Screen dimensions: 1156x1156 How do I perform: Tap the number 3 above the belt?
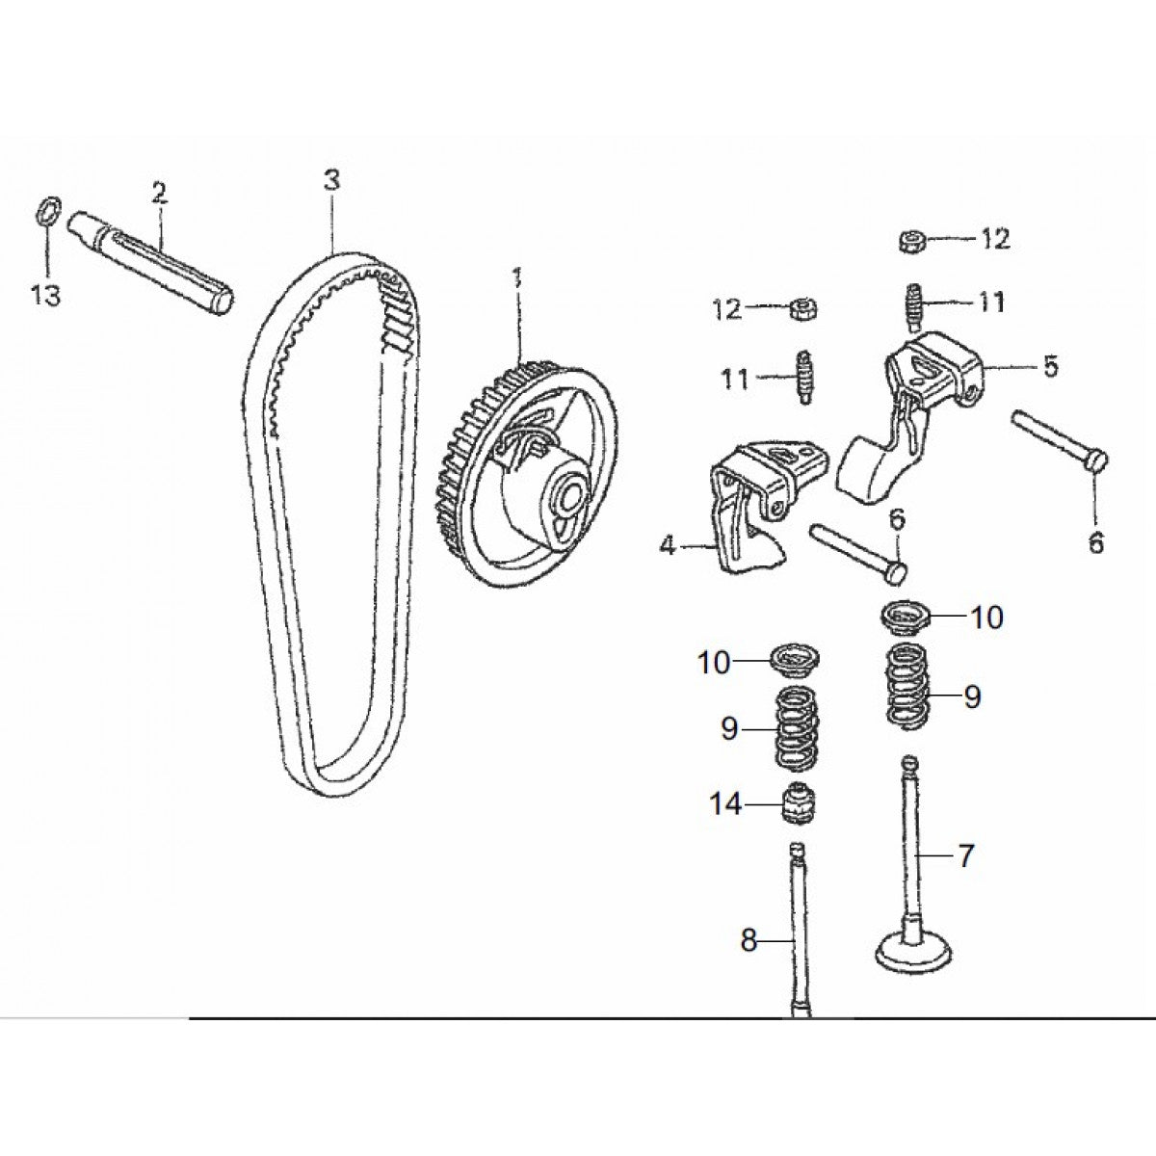coord(331,179)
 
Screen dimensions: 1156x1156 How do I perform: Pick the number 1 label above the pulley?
coord(517,280)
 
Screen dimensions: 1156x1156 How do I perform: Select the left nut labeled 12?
coord(799,310)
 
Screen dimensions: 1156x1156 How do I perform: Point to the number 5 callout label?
coord(1049,366)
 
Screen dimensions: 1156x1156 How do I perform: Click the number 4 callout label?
coord(668,546)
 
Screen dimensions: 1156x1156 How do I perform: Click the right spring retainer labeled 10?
coord(906,617)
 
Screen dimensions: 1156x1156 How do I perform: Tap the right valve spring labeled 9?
coord(907,686)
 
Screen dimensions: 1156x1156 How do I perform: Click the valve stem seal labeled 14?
coord(797,804)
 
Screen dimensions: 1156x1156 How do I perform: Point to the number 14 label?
coord(726,802)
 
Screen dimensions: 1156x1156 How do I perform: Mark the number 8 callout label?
coord(749,940)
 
